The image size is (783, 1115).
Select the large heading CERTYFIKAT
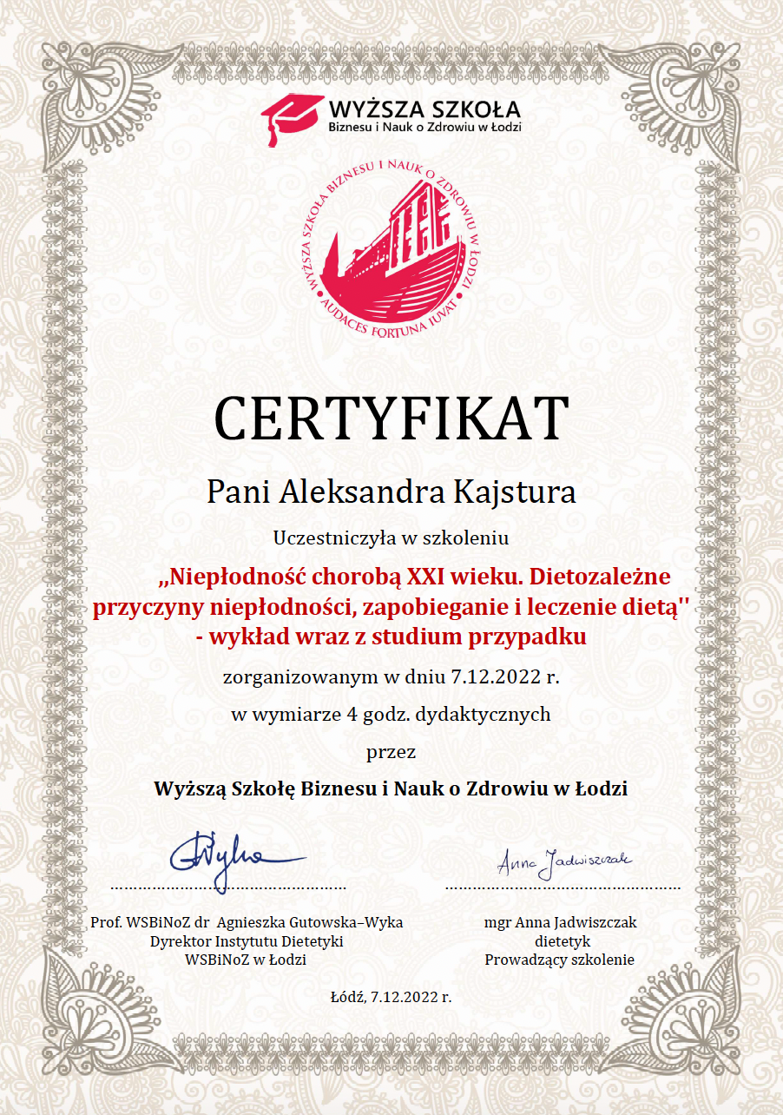(x=391, y=419)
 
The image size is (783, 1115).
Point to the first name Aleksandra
(x=363, y=492)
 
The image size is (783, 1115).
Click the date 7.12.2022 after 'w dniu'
(x=500, y=678)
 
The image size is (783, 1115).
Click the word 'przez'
(x=391, y=752)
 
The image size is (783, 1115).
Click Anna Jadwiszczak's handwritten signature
(x=564, y=861)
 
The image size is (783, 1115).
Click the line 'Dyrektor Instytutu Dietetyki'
(x=247, y=941)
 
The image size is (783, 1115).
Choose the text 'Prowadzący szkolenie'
(x=560, y=960)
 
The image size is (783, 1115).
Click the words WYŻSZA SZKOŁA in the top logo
(x=424, y=109)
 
